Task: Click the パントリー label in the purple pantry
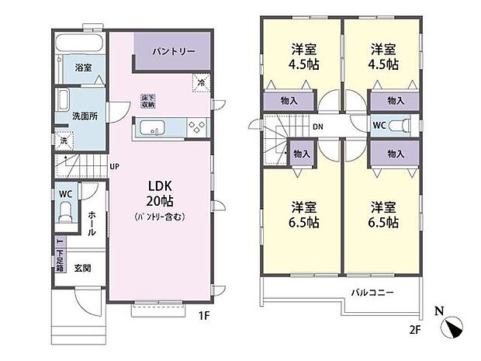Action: click(173, 51)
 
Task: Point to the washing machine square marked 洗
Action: click(64, 141)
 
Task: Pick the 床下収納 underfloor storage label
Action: click(147, 100)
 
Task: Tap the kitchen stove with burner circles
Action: click(195, 128)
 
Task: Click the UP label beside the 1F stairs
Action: click(114, 167)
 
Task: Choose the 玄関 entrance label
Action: click(83, 269)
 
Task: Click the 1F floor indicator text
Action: click(203, 317)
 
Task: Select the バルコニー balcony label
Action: click(372, 293)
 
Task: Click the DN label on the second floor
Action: click(318, 127)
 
